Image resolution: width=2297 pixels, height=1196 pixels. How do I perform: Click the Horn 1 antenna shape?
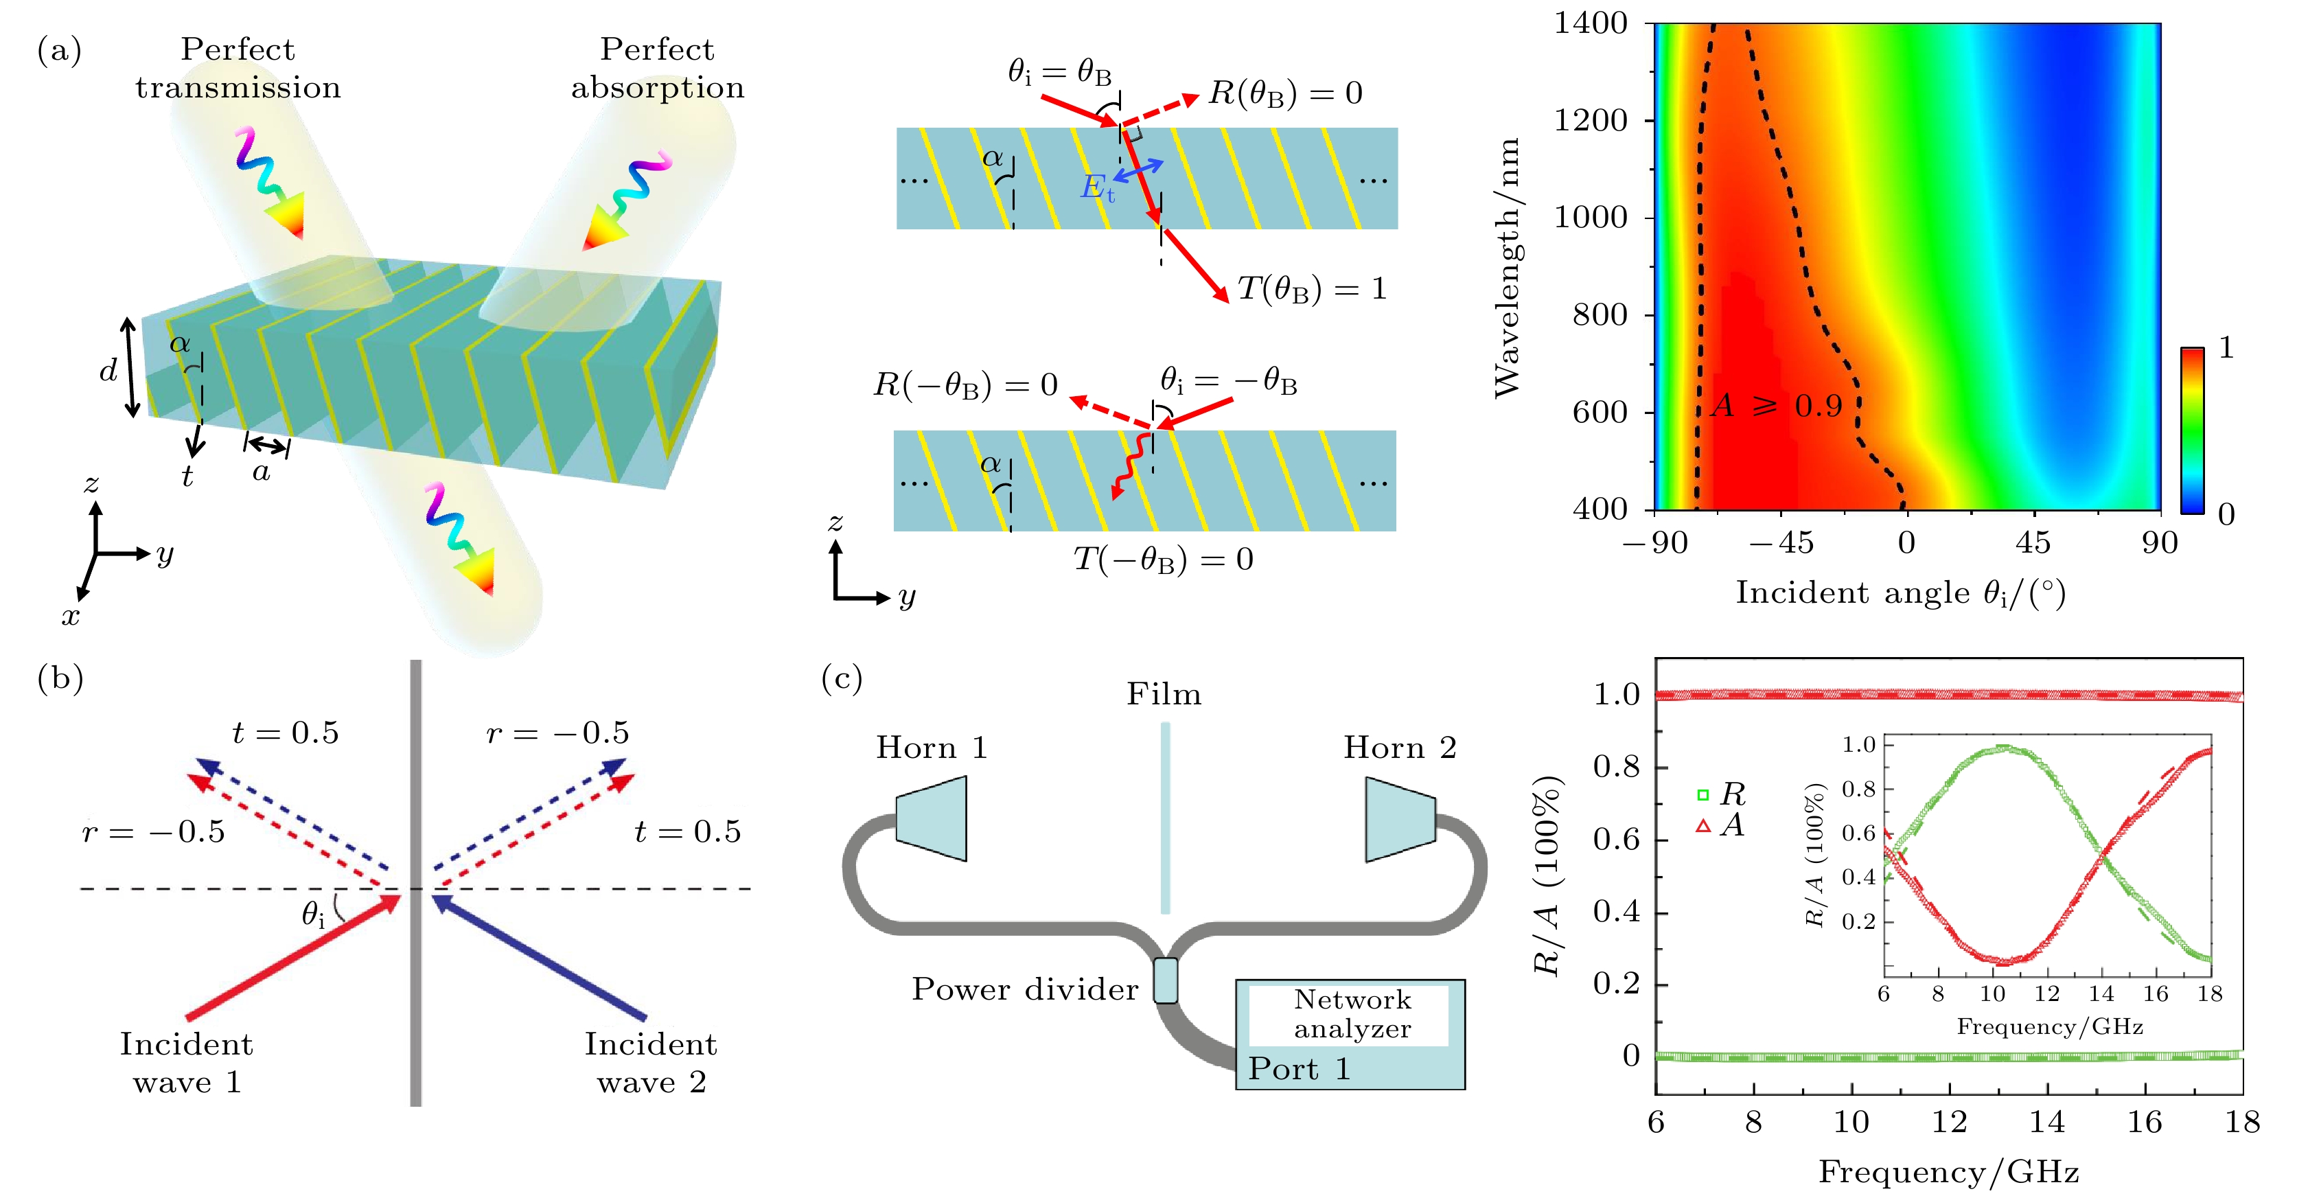pyautogui.click(x=931, y=818)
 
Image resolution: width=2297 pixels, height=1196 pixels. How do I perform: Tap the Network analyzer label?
pyautogui.click(x=1352, y=1013)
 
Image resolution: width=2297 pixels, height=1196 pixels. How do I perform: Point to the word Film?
pyautogui.click(x=1164, y=694)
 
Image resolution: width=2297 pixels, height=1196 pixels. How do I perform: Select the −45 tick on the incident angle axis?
pyautogui.click(x=1781, y=542)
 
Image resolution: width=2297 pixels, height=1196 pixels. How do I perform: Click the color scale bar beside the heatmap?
pyautogui.click(x=2192, y=430)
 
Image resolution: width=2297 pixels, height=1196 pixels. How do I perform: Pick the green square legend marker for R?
pyautogui.click(x=1702, y=794)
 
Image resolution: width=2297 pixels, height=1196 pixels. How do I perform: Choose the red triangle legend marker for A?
pyautogui.click(x=1703, y=827)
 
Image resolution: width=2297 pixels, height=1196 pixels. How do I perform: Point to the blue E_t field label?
pyautogui.click(x=1098, y=188)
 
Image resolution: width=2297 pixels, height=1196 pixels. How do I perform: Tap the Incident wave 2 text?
pyautogui.click(x=651, y=1062)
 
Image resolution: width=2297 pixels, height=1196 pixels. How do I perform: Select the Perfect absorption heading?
pyautogui.click(x=657, y=68)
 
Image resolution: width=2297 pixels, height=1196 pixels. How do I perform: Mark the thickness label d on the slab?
pyautogui.click(x=108, y=369)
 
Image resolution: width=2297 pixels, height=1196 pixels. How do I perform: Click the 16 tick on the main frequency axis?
pyautogui.click(x=2144, y=1122)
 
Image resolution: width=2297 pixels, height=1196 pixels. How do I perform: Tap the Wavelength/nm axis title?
pyautogui.click(x=1506, y=268)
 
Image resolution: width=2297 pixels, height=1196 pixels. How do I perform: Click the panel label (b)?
pyautogui.click(x=60, y=679)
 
